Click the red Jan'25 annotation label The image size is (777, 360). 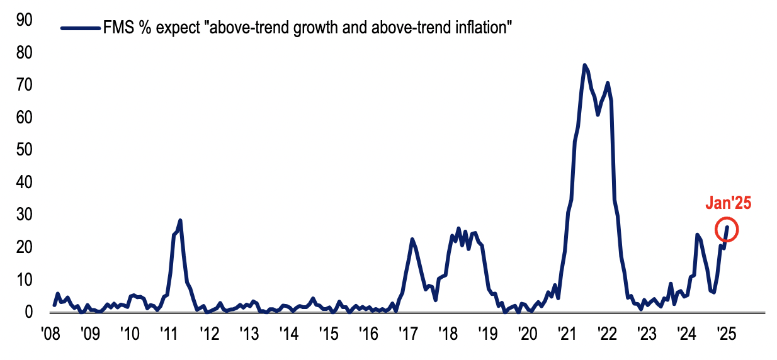coord(729,203)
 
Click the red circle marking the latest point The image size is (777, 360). coord(727,230)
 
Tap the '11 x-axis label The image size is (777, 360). coord(168,332)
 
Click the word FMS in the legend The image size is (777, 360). coord(117,28)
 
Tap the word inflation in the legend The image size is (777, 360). coord(482,28)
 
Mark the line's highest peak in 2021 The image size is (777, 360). coord(584,65)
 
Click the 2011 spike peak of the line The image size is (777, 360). coord(181,220)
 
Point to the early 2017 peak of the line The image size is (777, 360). coord(412,239)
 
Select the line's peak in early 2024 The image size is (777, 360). coord(697,234)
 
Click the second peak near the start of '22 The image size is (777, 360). coord(608,83)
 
